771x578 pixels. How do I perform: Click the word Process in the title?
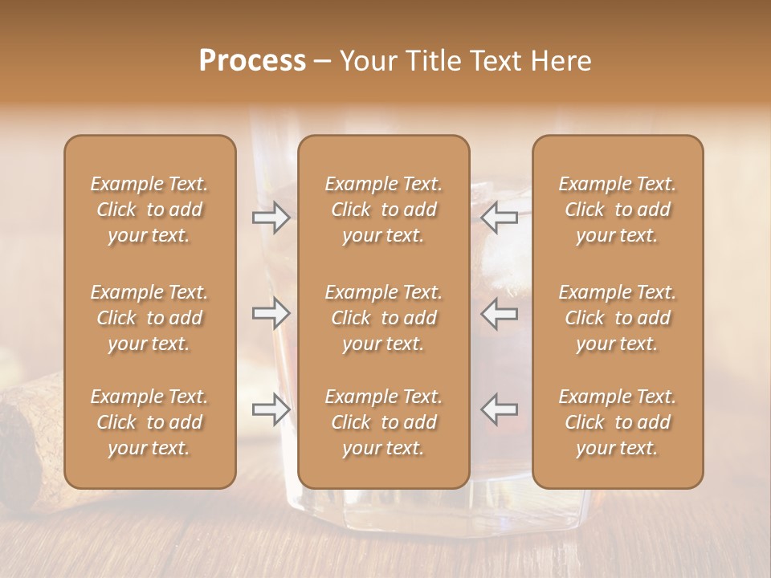pyautogui.click(x=252, y=61)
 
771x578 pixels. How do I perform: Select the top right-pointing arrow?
pyautogui.click(x=271, y=217)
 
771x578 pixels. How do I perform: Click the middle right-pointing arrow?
pyautogui.click(x=271, y=313)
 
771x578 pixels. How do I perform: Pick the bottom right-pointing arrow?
pyautogui.click(x=271, y=409)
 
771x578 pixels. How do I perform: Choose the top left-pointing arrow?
pyautogui.click(x=499, y=217)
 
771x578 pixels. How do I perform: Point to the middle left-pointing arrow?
pyautogui.click(x=499, y=313)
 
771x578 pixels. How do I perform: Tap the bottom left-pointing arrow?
pyautogui.click(x=499, y=409)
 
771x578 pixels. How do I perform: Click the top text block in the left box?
pyautogui.click(x=149, y=210)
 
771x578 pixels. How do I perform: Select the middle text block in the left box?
pyautogui.click(x=149, y=318)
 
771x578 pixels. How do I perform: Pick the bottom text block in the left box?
pyautogui.click(x=149, y=422)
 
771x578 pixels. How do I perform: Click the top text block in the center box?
pyautogui.click(x=384, y=210)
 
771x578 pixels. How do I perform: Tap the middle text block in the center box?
pyautogui.click(x=384, y=318)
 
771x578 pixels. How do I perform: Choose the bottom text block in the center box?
pyautogui.click(x=384, y=422)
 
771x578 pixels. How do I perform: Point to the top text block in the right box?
pyautogui.click(x=618, y=210)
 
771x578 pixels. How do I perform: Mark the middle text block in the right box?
pyautogui.click(x=618, y=318)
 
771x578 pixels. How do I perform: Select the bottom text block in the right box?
pyautogui.click(x=618, y=422)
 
